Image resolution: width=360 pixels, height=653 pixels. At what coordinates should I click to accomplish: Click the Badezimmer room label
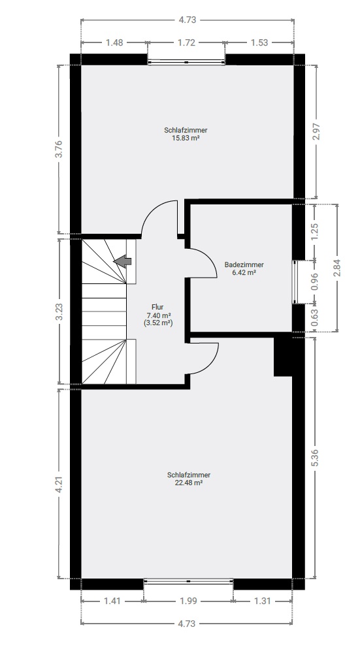point(244,264)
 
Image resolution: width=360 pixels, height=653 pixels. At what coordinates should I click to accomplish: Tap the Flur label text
point(157,308)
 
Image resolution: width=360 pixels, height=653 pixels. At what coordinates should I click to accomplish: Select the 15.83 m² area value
point(186,138)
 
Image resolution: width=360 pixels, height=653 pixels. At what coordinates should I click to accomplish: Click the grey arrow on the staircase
point(122,262)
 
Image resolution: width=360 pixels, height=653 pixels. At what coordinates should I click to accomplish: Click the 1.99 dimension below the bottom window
point(188,601)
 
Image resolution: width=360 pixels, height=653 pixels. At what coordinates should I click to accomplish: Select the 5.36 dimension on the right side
point(315,458)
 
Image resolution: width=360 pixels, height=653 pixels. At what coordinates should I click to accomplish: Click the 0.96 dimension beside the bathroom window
point(315,281)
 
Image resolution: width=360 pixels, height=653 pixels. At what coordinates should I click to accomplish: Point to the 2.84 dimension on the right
point(337,268)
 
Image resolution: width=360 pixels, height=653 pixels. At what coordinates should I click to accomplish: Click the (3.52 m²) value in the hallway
point(158,323)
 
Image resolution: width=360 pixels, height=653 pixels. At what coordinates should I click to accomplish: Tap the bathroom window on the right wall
point(295,282)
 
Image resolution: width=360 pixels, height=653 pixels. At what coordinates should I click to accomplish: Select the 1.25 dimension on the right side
point(315,232)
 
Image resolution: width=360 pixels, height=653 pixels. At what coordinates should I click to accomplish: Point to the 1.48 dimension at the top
point(114,42)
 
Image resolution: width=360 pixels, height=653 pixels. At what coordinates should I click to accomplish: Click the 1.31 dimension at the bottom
point(263,601)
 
